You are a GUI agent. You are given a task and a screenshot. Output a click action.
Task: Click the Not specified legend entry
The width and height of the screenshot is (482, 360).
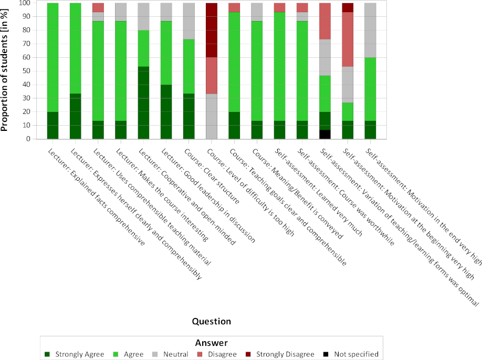pos(352,354)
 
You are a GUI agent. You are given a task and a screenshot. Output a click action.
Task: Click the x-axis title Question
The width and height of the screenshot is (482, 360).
pos(211,321)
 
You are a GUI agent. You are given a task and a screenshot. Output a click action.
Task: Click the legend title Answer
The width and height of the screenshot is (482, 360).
pos(211,343)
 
